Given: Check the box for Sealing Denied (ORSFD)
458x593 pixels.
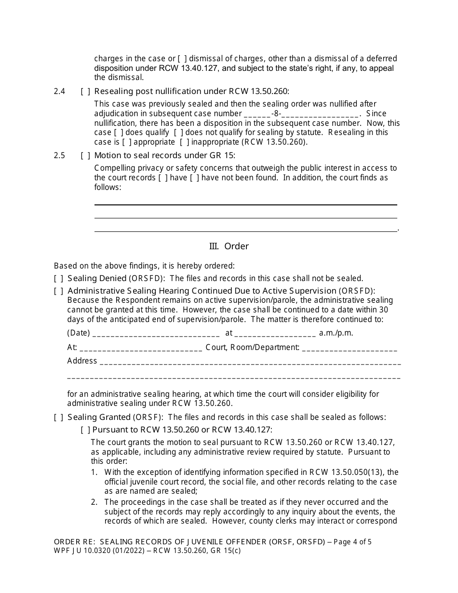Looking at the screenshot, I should pyautogui.click(x=58, y=278).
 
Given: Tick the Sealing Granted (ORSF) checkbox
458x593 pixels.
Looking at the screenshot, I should pyautogui.click(x=58, y=417).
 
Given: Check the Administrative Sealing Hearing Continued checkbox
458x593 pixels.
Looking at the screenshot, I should pyautogui.click(x=58, y=291).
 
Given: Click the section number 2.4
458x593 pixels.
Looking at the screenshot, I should pyautogui.click(x=59, y=91).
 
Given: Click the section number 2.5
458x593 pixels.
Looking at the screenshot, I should pyautogui.click(x=59, y=155).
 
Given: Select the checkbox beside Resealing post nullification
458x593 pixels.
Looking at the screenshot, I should pyautogui.click(x=85, y=91).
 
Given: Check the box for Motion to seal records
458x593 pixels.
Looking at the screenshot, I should pyautogui.click(x=85, y=155).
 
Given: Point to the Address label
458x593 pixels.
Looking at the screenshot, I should pyautogui.click(x=82, y=361).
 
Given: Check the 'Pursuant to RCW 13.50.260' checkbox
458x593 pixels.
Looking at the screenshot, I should pyautogui.click(x=85, y=430).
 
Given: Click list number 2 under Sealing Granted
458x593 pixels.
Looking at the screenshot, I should pyautogui.click(x=94, y=502).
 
